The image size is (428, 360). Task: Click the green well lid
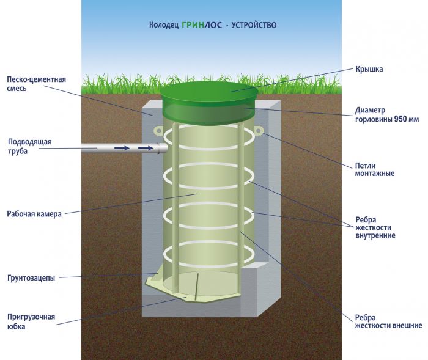(x=207, y=95)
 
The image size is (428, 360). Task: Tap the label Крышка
(x=369, y=69)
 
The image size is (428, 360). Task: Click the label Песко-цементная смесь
(x=36, y=83)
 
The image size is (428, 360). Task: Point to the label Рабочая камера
(x=33, y=214)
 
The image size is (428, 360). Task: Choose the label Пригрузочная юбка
(x=31, y=321)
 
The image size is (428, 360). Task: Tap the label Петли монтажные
(x=374, y=169)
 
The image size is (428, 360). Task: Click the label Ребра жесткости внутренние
(x=375, y=227)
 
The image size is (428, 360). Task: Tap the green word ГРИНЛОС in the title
(x=196, y=26)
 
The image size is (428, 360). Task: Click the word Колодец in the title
(x=163, y=26)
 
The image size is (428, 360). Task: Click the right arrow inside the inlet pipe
(x=146, y=148)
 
